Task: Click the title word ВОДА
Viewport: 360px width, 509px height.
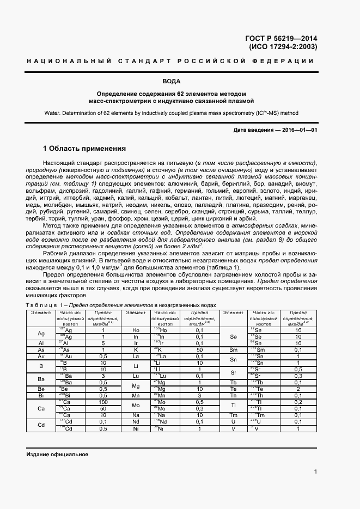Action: [180, 82]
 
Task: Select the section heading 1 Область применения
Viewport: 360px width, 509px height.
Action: [84, 149]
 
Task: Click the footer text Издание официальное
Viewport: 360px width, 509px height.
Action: [57, 454]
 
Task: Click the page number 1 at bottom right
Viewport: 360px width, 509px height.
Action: [316, 472]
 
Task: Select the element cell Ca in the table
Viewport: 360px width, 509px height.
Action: [41, 408]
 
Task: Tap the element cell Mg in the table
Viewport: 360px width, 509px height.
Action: [136, 386]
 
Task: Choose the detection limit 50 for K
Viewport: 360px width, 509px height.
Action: [199, 350]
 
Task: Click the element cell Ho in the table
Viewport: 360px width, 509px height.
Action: [136, 330]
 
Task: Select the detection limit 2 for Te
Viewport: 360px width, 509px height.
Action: [298, 389]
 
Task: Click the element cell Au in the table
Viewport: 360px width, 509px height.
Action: [41, 356]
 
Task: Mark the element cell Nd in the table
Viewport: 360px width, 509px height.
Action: [136, 421]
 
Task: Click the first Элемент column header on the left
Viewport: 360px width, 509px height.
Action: [41, 312]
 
